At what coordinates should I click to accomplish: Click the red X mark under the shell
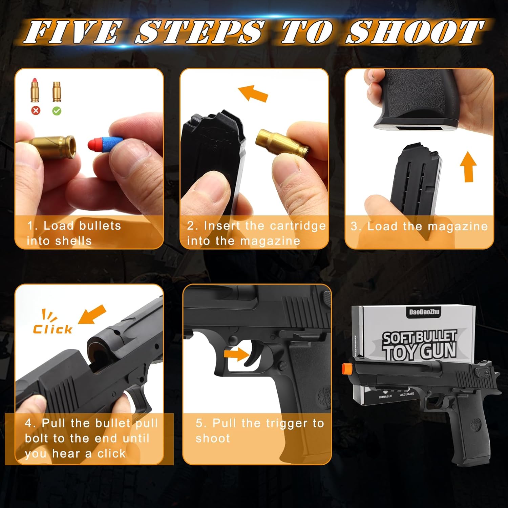(x=36, y=110)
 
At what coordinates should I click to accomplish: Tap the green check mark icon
(x=57, y=110)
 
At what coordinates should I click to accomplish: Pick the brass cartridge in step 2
(x=282, y=142)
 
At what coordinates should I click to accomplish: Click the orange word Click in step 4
(x=52, y=329)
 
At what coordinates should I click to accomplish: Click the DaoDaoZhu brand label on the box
(x=424, y=312)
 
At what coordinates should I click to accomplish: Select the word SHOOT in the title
(x=415, y=32)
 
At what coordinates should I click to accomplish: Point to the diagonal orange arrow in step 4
(x=92, y=315)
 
